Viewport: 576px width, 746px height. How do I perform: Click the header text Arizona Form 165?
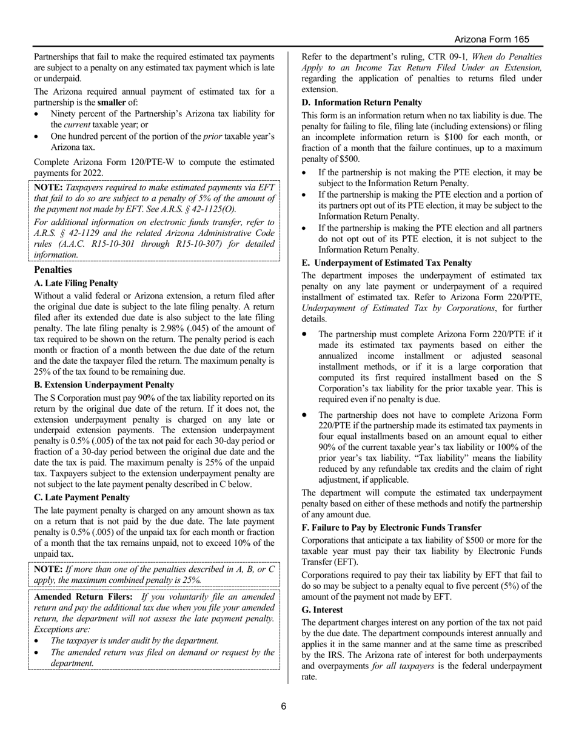(x=492, y=39)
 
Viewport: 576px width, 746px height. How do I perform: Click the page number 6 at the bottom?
(x=283, y=706)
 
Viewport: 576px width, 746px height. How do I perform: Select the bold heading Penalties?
(x=53, y=269)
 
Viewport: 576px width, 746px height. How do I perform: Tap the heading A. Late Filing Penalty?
(x=76, y=283)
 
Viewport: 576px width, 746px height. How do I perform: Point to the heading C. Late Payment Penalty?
(x=82, y=497)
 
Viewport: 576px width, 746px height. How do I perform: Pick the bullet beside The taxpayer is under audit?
(x=38, y=641)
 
